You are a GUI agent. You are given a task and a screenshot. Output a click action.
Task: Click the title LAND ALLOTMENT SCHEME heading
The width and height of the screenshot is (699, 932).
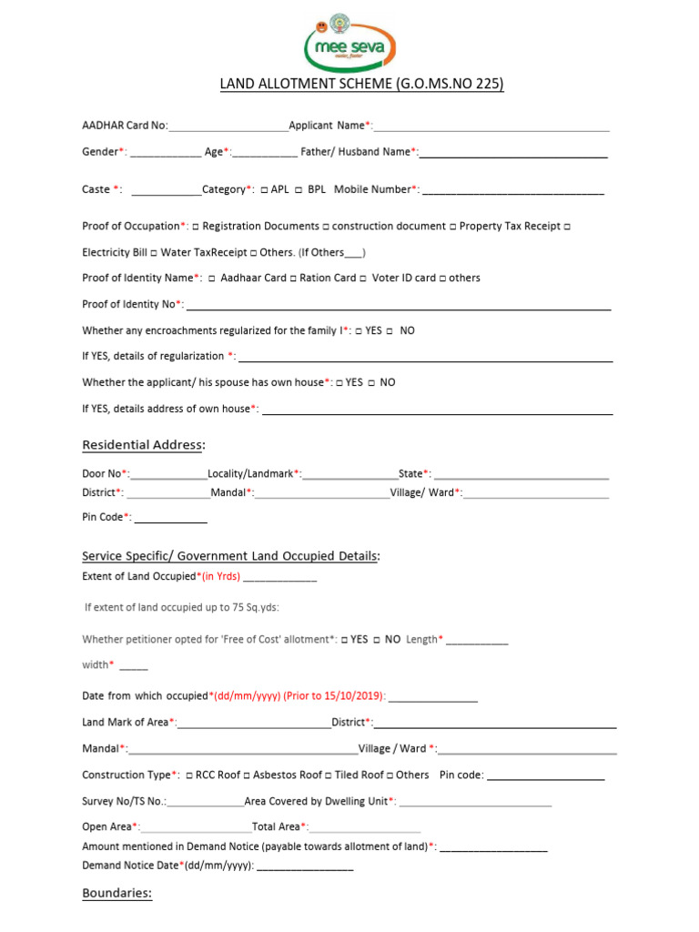(361, 85)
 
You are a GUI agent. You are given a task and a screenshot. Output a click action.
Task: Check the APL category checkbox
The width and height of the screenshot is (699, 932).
(263, 190)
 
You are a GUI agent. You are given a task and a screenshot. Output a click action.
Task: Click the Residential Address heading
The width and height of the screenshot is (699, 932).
(144, 445)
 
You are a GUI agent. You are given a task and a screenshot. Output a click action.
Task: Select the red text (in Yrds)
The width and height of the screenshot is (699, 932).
(220, 576)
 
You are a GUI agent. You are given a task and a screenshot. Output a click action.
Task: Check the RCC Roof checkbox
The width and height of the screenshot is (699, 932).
(188, 775)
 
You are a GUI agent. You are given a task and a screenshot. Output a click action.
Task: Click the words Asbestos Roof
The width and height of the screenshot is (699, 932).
(287, 775)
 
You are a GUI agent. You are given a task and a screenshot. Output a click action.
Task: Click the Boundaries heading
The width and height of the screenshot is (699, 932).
(116, 894)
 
